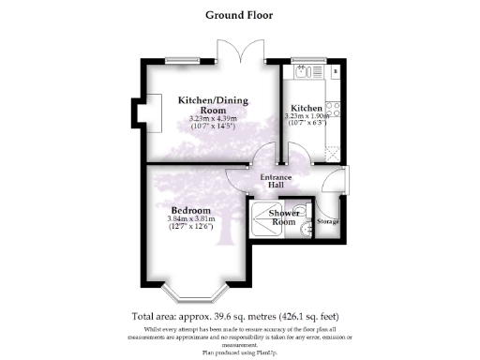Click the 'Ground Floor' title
pyautogui.click(x=239, y=15)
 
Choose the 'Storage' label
pyautogui.click(x=328, y=222)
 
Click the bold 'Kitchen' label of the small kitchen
pyautogui.click(x=307, y=109)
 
